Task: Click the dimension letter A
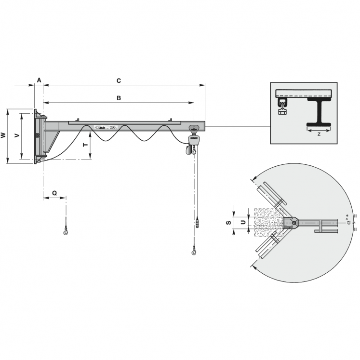39,80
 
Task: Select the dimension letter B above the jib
119,98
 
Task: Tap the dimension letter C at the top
119,80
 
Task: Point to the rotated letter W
3,136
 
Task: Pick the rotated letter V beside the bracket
17,136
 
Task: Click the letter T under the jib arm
85,144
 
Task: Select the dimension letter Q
54,193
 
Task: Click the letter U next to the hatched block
243,222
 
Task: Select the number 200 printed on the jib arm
112,127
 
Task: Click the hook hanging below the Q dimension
66,234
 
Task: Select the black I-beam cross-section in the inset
319,113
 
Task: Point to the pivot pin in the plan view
293,222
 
